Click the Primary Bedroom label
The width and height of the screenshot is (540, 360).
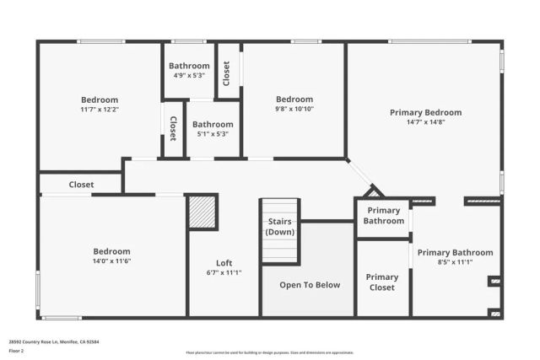[425, 112]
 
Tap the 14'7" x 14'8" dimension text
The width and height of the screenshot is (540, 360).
[425, 122]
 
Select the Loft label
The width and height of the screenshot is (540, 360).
[224, 262]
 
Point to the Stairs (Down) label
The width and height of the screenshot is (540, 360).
[279, 226]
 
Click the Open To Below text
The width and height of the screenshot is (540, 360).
[310, 284]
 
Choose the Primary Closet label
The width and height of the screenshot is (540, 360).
[382, 282]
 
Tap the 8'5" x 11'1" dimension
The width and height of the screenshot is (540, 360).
[455, 262]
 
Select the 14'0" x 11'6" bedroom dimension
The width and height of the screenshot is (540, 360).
[111, 261]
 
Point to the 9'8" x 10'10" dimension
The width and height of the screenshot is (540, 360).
[294, 109]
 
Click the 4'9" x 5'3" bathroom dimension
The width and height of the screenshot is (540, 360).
[189, 76]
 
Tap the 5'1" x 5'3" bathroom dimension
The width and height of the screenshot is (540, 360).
[213, 135]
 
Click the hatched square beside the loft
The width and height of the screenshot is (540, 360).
[202, 212]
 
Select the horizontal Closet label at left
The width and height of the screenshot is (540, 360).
[82, 184]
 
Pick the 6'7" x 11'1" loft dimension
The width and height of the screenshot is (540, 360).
[224, 272]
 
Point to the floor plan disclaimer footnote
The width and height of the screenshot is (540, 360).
[269, 352]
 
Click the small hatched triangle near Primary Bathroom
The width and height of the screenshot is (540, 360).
[373, 193]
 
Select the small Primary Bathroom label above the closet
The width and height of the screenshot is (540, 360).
[382, 216]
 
